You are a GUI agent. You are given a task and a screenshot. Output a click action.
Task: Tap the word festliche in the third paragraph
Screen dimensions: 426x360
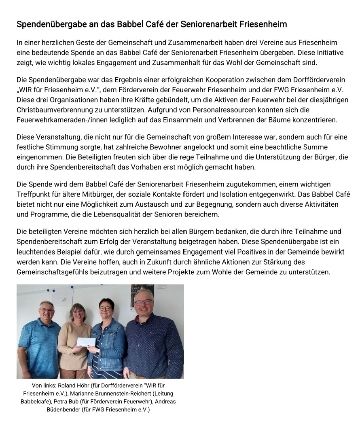(x=30, y=147)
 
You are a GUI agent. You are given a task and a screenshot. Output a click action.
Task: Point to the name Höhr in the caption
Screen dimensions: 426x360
(x=87, y=386)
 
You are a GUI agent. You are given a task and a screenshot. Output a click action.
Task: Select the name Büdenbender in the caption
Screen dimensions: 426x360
(x=64, y=410)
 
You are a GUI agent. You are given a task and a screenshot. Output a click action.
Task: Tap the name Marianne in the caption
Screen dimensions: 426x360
(x=83, y=394)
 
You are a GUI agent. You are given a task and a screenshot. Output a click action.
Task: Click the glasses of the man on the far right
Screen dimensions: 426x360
(x=143, y=302)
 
